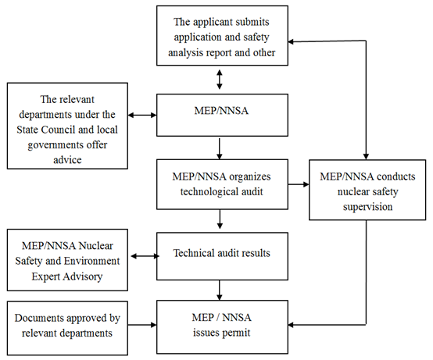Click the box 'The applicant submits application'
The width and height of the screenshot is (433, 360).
222,36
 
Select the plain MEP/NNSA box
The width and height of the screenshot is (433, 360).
222,115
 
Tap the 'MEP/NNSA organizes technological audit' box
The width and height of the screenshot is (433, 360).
222,184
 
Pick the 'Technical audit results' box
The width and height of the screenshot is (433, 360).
222,256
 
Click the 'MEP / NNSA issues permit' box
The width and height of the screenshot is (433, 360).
222,327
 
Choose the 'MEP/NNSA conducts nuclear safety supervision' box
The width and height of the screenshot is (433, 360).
367,190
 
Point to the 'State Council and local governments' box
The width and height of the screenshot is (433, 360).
67,126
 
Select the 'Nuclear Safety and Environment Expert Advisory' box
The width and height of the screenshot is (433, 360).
67,260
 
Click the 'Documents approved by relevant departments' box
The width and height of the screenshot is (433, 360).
67,328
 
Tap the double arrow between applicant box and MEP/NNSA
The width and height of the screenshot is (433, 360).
220,80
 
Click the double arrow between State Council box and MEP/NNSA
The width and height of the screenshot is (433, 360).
142,115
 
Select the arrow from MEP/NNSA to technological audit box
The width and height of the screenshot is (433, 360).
220,148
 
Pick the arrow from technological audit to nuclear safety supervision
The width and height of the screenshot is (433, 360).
299,184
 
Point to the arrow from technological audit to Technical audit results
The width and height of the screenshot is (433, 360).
220,219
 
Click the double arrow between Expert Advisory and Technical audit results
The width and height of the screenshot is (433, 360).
145,256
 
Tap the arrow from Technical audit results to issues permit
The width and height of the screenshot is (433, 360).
220,290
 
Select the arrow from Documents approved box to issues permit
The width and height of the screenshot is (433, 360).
142,325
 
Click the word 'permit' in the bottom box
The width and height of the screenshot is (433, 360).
237,333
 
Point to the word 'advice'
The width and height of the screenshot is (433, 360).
67,160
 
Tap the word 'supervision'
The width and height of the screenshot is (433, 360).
367,207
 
